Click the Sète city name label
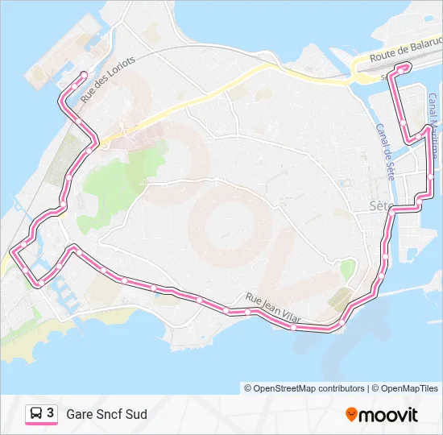pos(379,205)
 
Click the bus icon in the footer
pos(36,414)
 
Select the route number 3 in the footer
pos(51,414)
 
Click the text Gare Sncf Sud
pos(106,414)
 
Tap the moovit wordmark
pos(389,415)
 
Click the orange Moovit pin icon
pos(351,415)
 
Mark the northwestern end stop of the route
pos(83,75)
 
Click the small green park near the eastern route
pos(348,270)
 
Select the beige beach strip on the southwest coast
pos(48,330)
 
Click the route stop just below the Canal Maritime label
pos(431,173)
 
